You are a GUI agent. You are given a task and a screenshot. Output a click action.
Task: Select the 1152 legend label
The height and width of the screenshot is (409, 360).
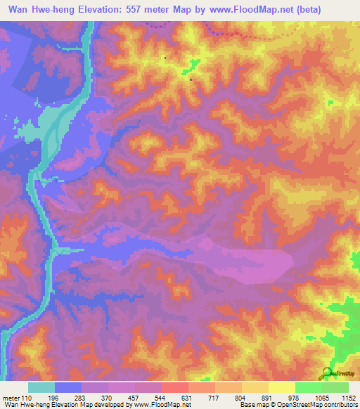coord(349,398)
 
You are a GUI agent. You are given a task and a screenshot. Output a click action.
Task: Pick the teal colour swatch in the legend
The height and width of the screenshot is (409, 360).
coord(41,387)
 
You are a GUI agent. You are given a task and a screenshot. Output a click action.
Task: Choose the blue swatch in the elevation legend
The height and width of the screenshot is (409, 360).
coord(68,387)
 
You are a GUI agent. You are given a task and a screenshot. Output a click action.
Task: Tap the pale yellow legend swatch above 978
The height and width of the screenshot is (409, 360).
coord(282,387)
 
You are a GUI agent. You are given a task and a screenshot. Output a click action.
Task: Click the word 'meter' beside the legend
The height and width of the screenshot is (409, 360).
coord(10,398)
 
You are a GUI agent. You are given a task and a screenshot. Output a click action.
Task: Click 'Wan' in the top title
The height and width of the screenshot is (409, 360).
coord(21,10)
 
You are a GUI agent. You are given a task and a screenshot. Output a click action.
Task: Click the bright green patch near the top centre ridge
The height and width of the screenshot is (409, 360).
coord(192,68)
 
